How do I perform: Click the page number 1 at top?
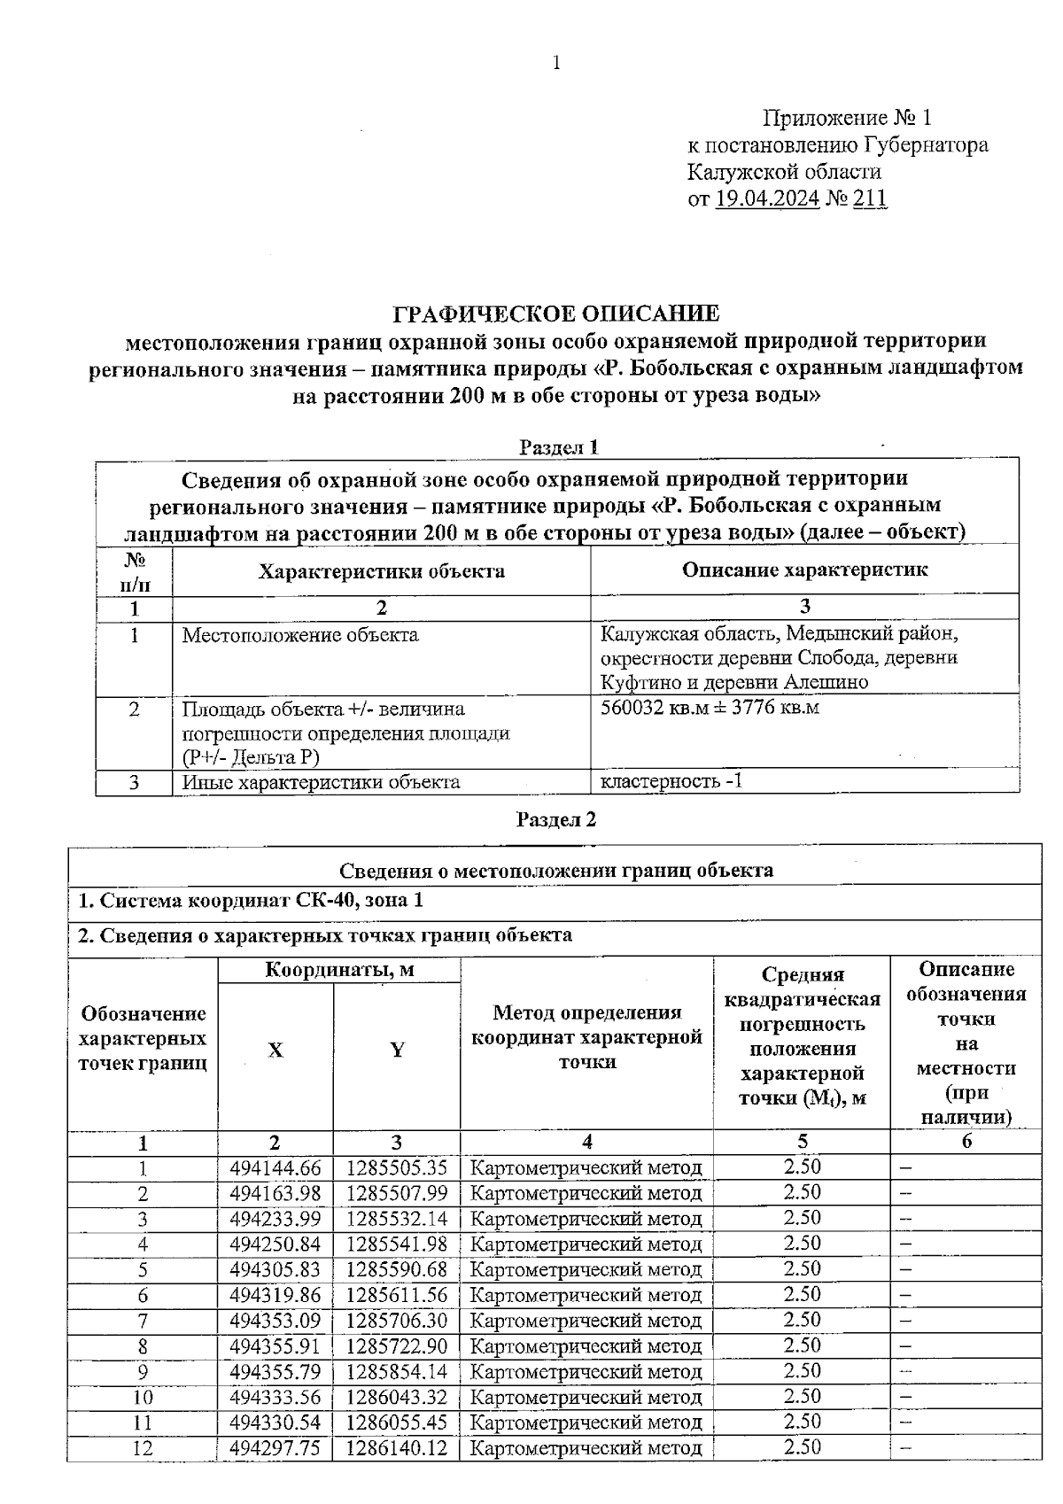[556, 62]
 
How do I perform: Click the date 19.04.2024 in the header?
[766, 198]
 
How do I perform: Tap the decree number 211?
[869, 198]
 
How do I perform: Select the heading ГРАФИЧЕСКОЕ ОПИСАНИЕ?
[556, 314]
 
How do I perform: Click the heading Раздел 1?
[558, 447]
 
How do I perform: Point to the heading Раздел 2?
[556, 819]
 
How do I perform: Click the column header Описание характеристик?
[804, 570]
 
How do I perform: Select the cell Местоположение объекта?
[300, 635]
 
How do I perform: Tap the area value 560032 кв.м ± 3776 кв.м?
[710, 708]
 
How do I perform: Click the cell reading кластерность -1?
[671, 781]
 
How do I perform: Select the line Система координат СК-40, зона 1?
[251, 901]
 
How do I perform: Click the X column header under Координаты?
[275, 1050]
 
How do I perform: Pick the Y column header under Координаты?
[397, 1050]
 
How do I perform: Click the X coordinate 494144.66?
[275, 1167]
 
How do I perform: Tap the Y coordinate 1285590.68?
[396, 1269]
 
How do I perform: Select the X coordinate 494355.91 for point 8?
[275, 1346]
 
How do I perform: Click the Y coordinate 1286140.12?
[396, 1448]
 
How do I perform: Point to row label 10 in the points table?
[143, 1398]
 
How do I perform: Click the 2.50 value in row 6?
[802, 1294]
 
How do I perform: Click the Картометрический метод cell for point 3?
[586, 1219]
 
